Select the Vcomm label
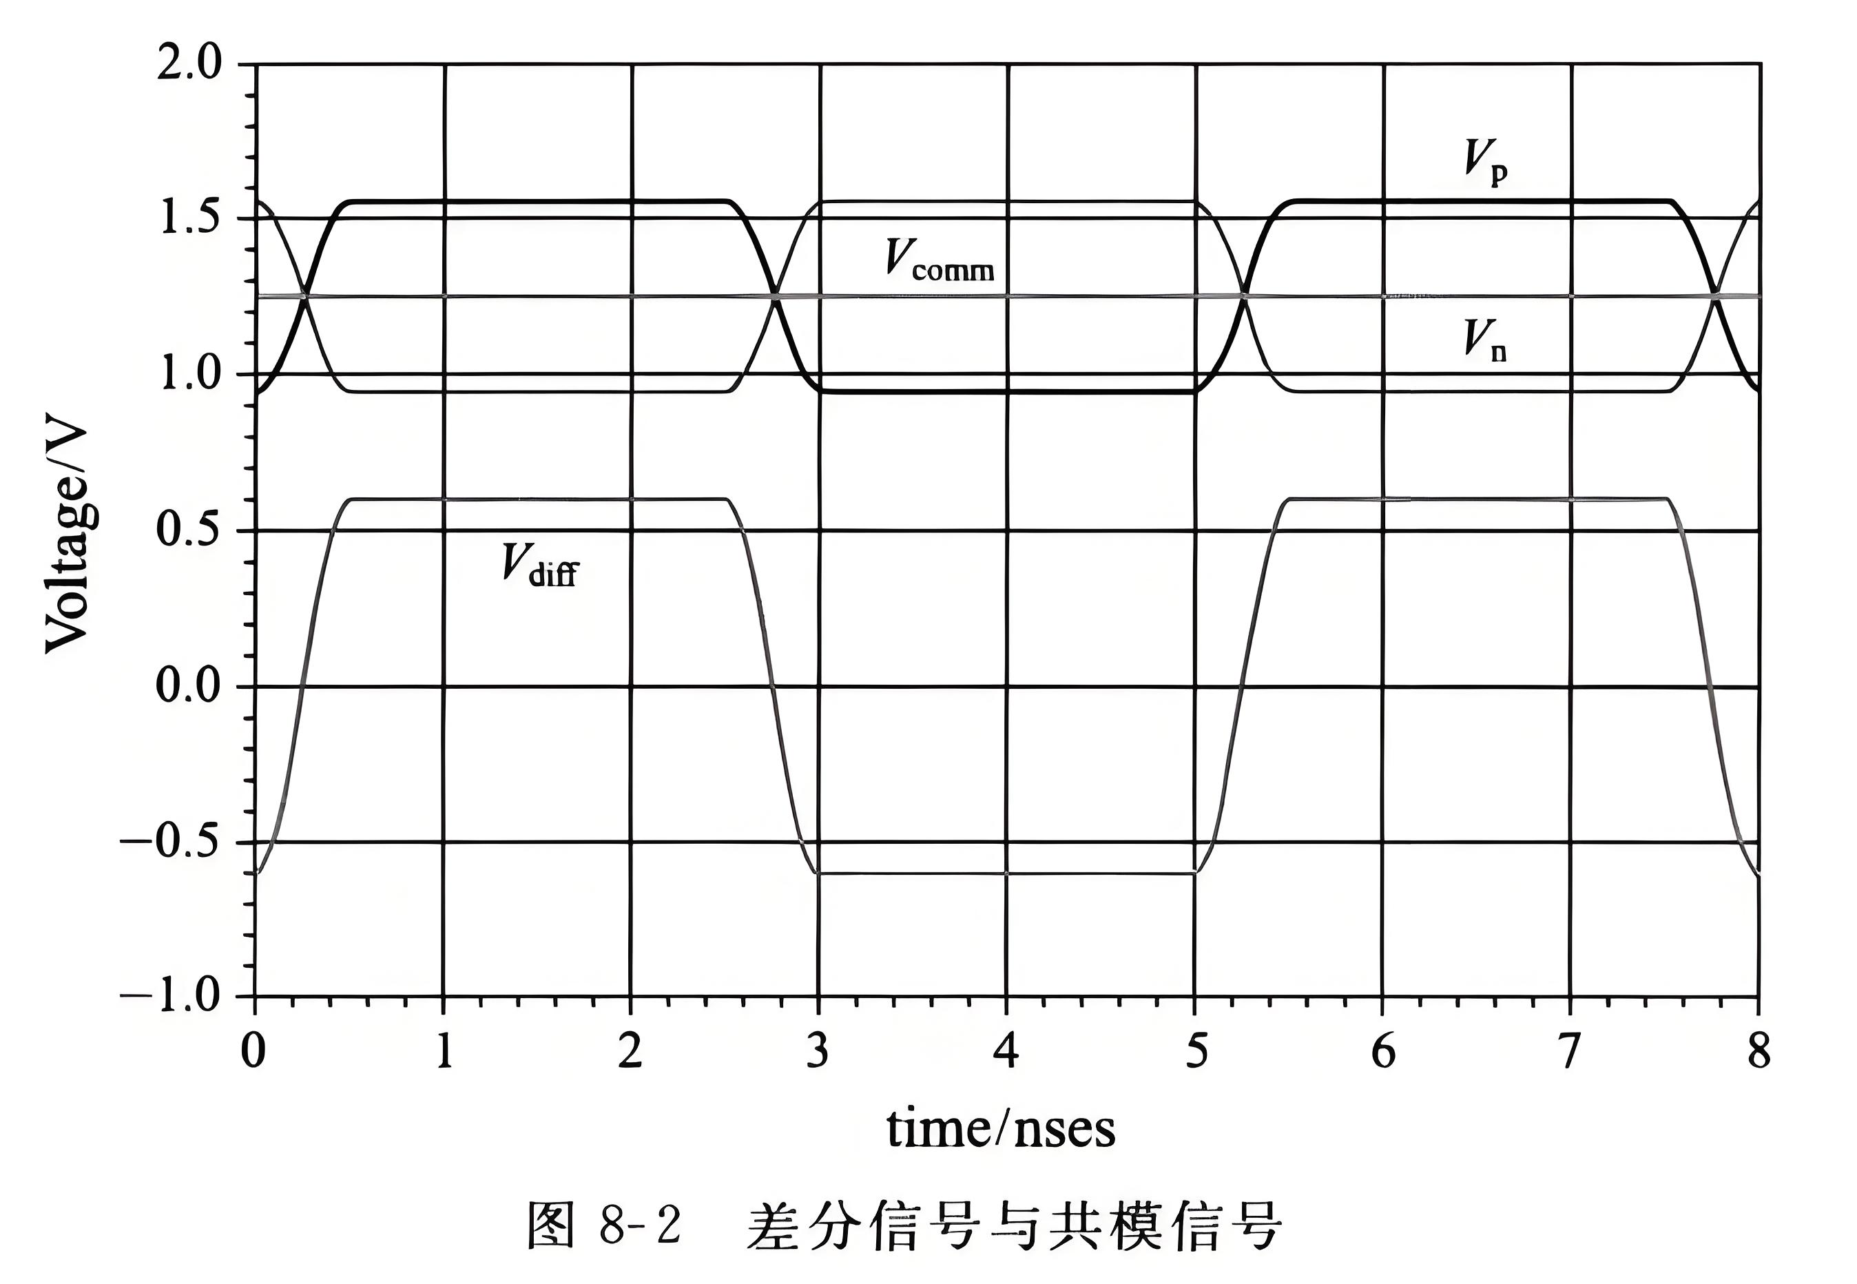[939, 260]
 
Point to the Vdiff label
[539, 564]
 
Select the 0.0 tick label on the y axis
[188, 686]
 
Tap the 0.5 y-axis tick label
[188, 530]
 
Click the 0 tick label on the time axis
[254, 1050]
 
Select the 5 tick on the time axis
[1196, 1050]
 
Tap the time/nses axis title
[1001, 1130]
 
